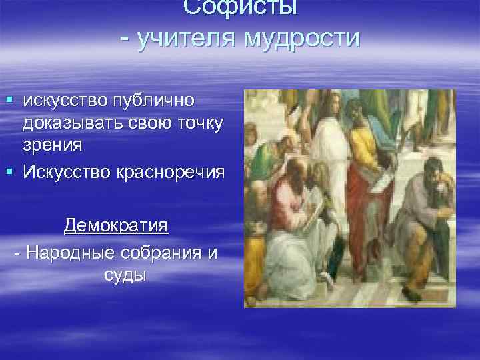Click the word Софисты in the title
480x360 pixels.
(240, 8)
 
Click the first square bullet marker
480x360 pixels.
(9, 101)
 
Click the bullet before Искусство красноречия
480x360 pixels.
(9, 171)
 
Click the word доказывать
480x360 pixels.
(75, 125)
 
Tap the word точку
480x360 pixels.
(197, 125)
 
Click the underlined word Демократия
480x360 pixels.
(116, 225)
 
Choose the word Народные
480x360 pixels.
(74, 253)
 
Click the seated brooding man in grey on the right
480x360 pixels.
(427, 220)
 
